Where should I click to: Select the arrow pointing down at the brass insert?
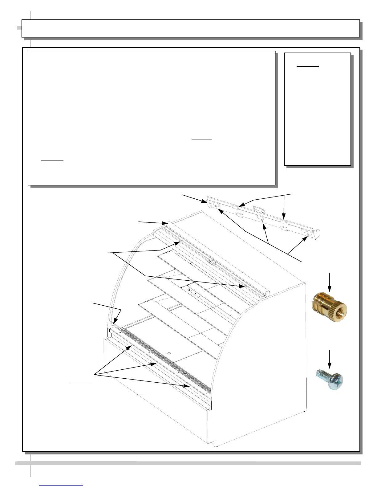tap(330, 282)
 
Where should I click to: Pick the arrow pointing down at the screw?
tap(330, 359)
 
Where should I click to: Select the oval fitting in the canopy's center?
tap(212, 262)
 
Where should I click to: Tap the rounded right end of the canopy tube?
tap(267, 293)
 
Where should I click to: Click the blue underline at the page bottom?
tap(61, 485)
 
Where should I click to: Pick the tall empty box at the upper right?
tap(317, 109)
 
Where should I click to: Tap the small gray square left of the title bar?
tap(19, 28)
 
